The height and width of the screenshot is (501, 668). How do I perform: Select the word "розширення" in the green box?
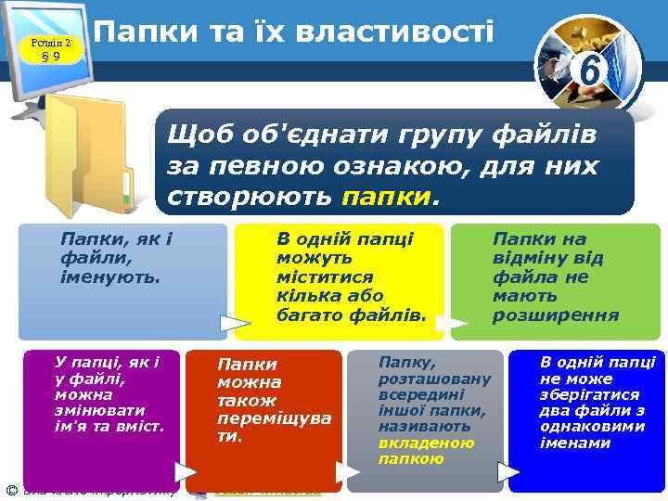[556, 315]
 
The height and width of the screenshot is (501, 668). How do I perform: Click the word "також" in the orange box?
[247, 400]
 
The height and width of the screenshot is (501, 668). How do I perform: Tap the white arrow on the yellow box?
[237, 324]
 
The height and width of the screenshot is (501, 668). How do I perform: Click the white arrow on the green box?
[452, 324]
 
